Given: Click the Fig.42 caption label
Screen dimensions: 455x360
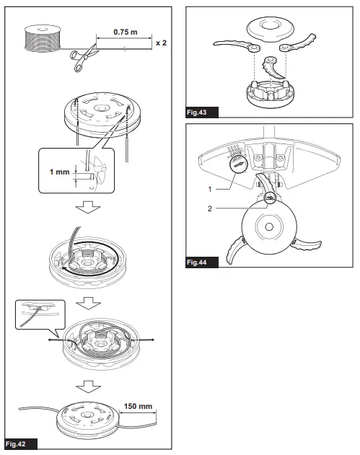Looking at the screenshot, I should click(17, 441).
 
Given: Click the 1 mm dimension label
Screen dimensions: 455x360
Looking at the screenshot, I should click(58, 172).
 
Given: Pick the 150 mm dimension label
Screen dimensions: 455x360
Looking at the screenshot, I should click(139, 406).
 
